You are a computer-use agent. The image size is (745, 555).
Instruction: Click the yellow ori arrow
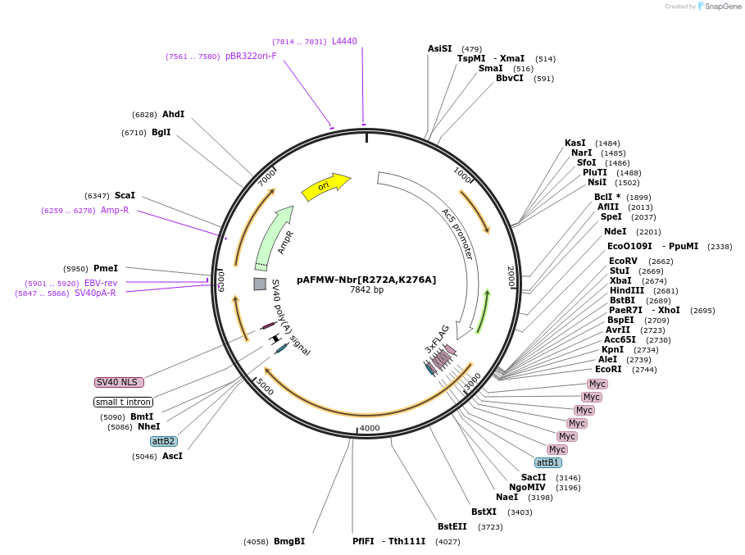(325, 187)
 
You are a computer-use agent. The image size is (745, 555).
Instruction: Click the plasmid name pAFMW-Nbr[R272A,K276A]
(366, 280)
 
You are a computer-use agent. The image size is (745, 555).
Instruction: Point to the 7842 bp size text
(366, 290)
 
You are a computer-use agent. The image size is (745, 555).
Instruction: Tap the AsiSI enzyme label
(439, 48)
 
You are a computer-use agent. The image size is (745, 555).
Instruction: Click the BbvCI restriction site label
(509, 79)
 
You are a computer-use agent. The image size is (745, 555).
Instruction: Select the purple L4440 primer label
(344, 42)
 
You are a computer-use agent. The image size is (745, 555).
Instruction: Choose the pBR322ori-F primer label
(251, 57)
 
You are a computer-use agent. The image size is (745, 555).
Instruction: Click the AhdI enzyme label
(173, 115)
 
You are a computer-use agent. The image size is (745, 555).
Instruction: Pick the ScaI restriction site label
(125, 196)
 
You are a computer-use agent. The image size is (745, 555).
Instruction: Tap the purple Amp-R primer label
(115, 211)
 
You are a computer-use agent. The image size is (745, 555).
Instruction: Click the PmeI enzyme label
(106, 269)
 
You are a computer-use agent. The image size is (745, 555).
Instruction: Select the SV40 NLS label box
(119, 382)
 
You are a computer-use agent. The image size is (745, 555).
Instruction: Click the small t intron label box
(123, 402)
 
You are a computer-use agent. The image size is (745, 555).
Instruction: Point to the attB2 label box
(164, 441)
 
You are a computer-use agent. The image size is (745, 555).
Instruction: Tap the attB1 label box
(547, 462)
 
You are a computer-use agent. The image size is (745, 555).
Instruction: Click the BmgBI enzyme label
(289, 542)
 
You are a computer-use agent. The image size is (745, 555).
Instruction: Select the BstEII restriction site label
(452, 527)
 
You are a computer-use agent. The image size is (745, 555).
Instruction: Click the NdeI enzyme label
(615, 232)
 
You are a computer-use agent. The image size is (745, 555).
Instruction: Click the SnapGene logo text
(724, 7)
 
